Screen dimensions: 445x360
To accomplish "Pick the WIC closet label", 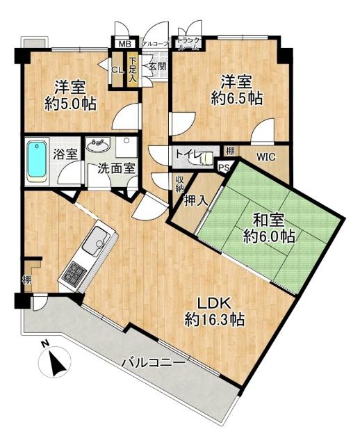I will [x=266, y=157].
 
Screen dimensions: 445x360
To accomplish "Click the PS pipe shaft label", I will [x=224, y=167].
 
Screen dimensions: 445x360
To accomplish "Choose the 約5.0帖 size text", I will [x=70, y=104].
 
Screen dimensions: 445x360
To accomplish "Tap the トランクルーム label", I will [x=188, y=44].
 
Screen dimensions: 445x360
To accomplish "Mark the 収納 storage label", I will [x=179, y=185].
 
